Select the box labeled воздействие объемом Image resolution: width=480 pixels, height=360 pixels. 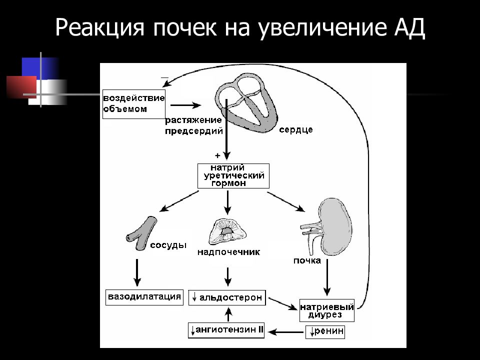click(134, 104)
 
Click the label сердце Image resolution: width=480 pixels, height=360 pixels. click(295, 130)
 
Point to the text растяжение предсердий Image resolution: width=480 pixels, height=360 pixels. click(194, 125)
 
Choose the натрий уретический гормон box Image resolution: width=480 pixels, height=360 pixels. click(233, 175)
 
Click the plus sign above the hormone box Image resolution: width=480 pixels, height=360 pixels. click(217, 155)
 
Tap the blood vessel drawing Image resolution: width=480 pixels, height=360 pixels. click(141, 233)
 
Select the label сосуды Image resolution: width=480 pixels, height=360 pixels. click(168, 245)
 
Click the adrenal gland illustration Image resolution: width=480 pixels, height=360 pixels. click(227, 231)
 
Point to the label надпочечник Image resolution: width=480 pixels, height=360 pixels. click(228, 252)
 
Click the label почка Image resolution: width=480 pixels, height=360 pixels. click(307, 261)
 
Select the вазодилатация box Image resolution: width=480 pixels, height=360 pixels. click(144, 297)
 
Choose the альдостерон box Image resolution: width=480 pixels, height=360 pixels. click(227, 297)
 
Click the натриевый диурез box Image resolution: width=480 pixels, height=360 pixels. click(326, 310)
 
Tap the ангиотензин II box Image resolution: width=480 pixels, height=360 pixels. click(226, 330)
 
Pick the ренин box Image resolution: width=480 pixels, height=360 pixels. click(325, 332)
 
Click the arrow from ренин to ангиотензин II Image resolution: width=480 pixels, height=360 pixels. click(285, 332)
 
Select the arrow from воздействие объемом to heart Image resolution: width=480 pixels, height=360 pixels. click(185, 105)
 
